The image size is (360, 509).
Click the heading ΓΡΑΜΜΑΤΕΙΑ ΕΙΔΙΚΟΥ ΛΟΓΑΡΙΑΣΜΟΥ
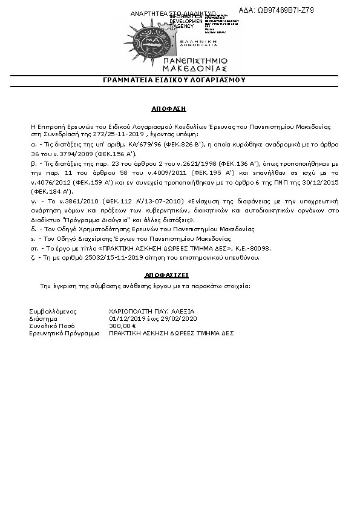click(174, 80)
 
